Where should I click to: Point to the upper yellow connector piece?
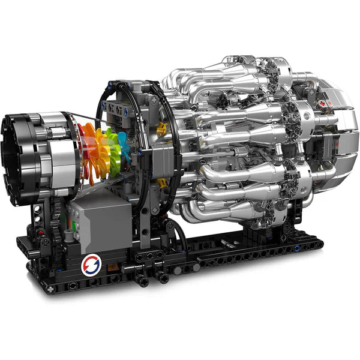click(162, 127)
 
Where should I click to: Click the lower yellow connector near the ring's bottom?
click(161, 182)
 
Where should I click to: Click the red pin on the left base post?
click(40, 233)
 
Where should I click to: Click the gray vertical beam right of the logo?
click(145, 228)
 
